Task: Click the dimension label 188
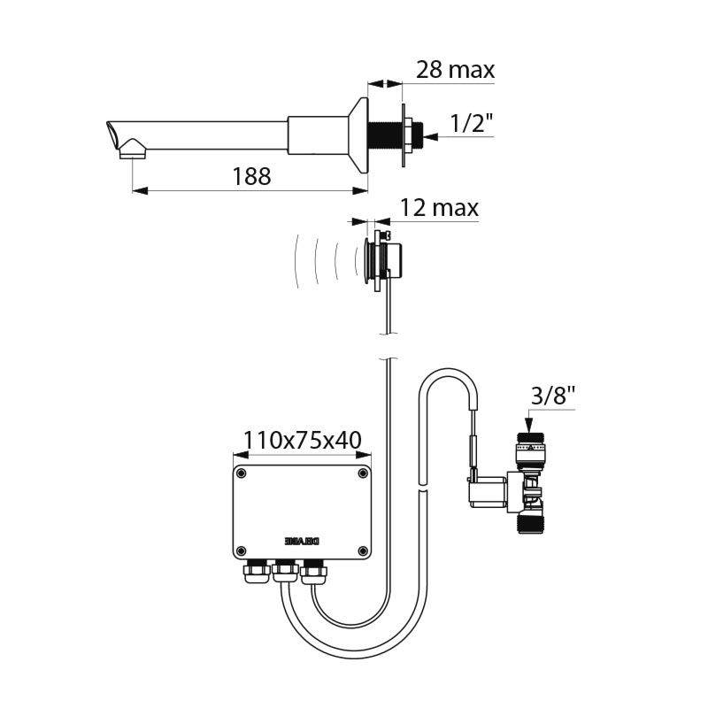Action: click(251, 176)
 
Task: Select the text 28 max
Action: click(455, 69)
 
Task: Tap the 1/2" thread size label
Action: click(472, 125)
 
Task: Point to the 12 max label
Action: click(439, 208)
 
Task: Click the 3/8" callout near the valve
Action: click(553, 397)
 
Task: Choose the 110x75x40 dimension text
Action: click(302, 440)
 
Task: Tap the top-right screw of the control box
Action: click(363, 474)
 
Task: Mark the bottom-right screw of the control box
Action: click(363, 551)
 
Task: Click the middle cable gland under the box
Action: click(283, 574)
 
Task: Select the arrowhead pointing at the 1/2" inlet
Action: click(430, 136)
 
